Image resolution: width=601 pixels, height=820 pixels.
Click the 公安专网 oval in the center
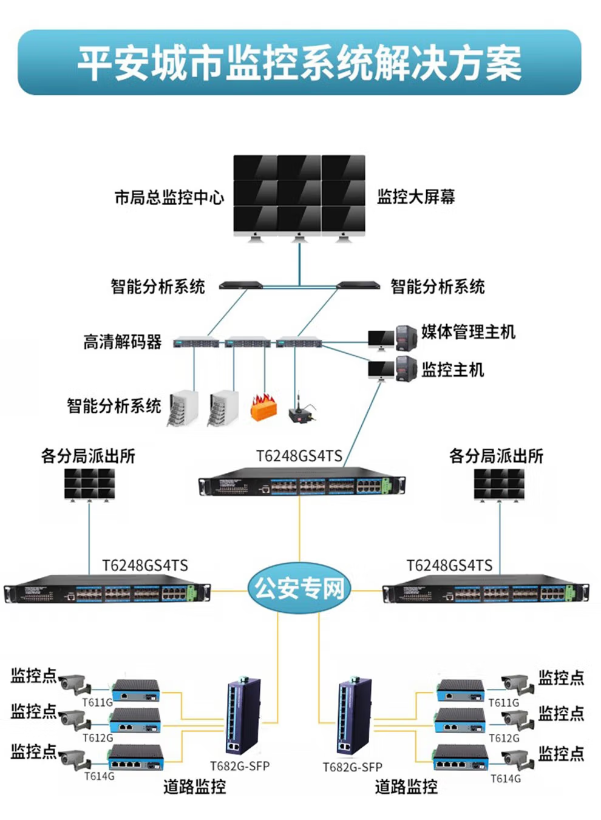pyautogui.click(x=299, y=588)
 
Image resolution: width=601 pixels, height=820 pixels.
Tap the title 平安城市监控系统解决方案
pyautogui.click(x=299, y=63)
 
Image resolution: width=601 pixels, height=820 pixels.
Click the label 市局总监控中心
pyautogui.click(x=169, y=197)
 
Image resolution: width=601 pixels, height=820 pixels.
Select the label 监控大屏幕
pyautogui.click(x=416, y=197)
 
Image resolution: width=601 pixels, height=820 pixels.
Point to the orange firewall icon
pyautogui.click(x=263, y=407)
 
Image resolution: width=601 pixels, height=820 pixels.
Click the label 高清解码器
pyautogui.click(x=123, y=342)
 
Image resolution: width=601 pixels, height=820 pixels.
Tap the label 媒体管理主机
pyautogui.click(x=468, y=332)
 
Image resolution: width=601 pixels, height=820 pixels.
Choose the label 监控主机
pyautogui.click(x=453, y=370)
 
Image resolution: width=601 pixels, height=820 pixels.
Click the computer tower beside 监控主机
pyautogui.click(x=406, y=369)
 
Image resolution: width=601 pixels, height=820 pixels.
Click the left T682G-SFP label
pyautogui.click(x=240, y=766)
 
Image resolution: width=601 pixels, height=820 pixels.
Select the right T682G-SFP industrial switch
pyautogui.click(x=355, y=717)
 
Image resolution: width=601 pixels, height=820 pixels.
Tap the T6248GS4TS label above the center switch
pyautogui.click(x=299, y=456)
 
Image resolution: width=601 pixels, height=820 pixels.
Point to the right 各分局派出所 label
pyautogui.click(x=496, y=456)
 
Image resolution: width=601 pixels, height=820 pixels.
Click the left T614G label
pyautogui.click(x=99, y=776)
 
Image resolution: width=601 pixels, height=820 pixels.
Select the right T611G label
pyautogui.click(x=504, y=703)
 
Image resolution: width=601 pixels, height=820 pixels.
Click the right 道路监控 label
pyautogui.click(x=406, y=787)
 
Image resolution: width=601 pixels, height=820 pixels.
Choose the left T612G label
pyautogui.click(x=98, y=738)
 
